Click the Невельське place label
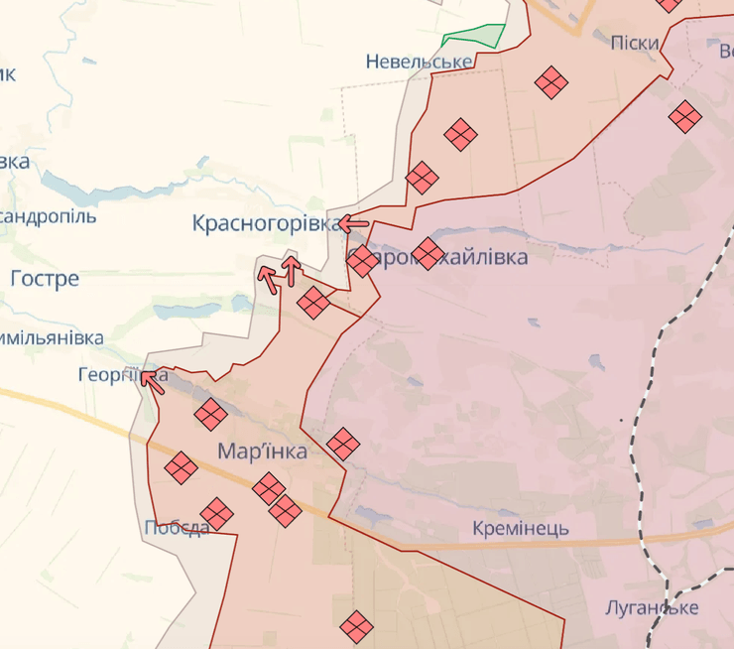419,63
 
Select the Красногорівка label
266,224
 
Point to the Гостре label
45,280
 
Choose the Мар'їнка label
263,452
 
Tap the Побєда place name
176,528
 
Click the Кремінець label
521,528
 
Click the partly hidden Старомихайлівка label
456,257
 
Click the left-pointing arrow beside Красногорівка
354,224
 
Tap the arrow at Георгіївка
152,378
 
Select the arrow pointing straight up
292,270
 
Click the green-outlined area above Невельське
474,38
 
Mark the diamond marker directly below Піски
550,81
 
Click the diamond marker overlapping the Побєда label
216,514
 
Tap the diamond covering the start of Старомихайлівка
362,261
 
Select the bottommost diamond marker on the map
356,626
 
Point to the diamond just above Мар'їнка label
210,415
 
